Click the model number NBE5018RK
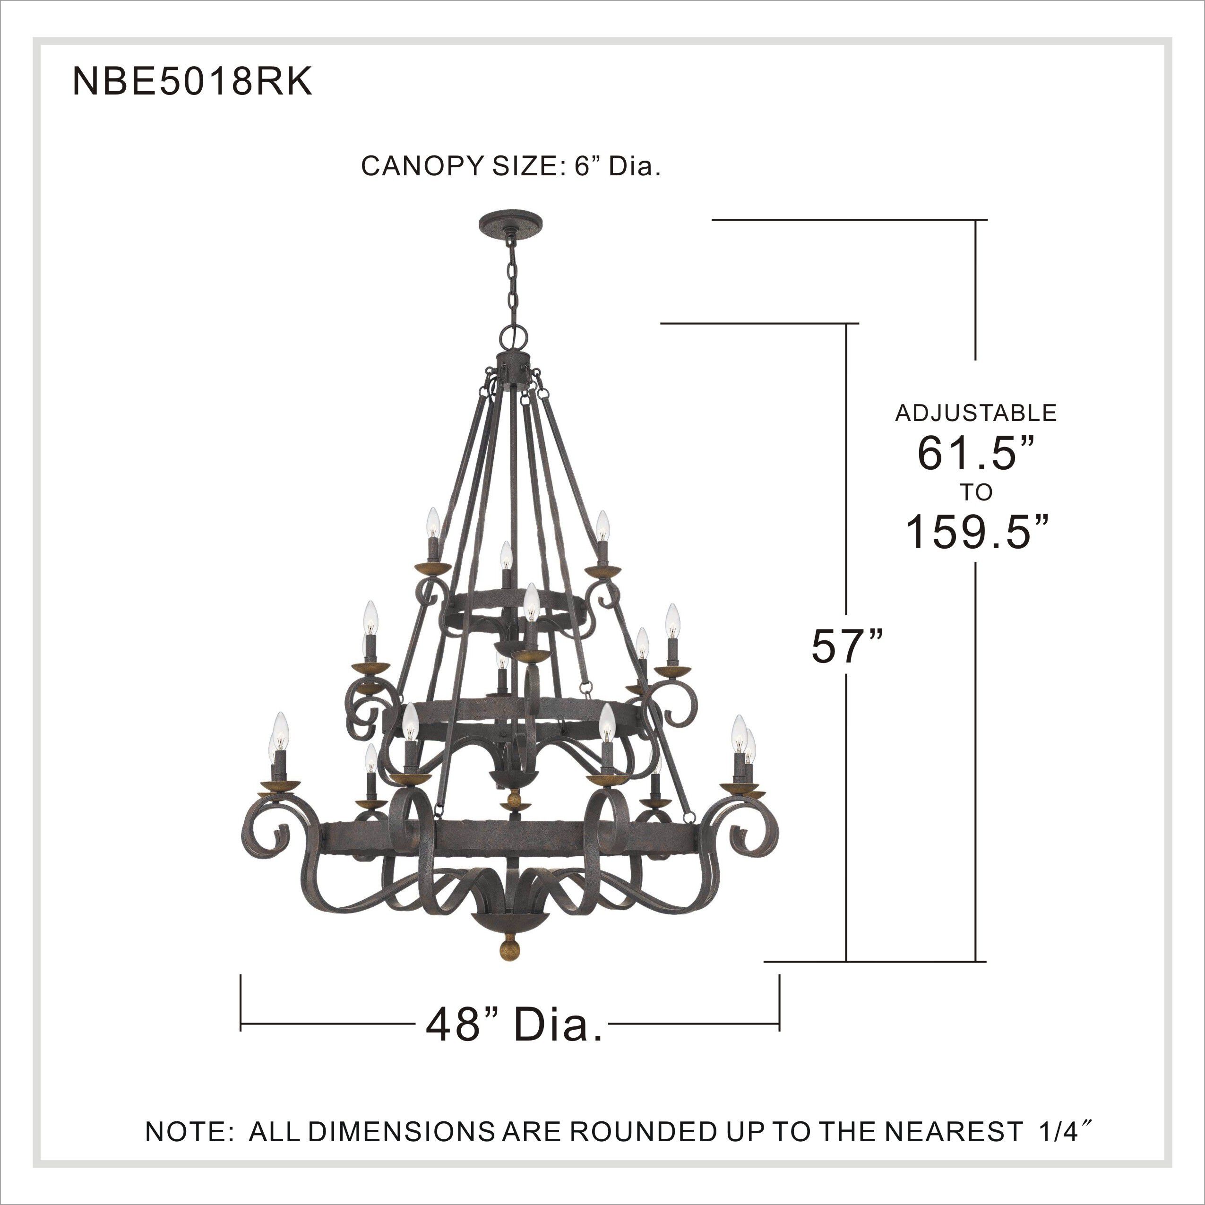click(x=192, y=82)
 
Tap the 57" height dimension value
click(x=847, y=647)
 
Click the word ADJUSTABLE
click(x=976, y=413)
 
